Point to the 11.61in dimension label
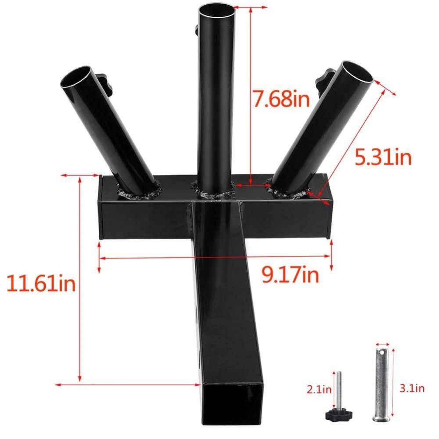point(41,283)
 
